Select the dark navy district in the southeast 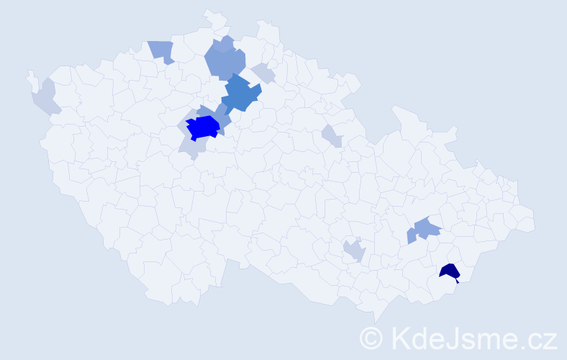point(450,271)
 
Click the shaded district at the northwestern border point(162,51)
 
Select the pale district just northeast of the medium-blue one point(263,73)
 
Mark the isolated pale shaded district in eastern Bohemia point(331,135)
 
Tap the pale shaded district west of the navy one point(354,251)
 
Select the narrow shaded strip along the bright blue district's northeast point(220,114)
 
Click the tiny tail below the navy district point(457,281)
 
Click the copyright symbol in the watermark point(371,338)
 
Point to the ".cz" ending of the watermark point(539,338)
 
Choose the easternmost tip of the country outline point(534,223)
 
